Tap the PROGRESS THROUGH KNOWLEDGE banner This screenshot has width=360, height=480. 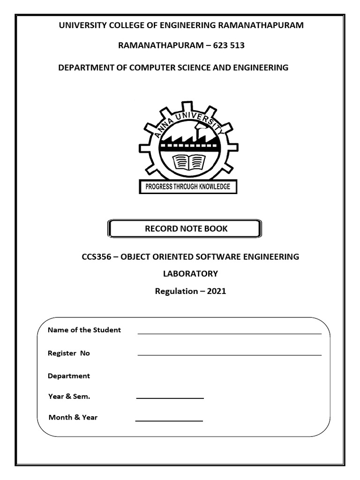click(x=188, y=187)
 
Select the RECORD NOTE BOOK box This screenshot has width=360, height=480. click(x=185, y=229)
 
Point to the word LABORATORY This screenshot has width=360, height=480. click(x=190, y=274)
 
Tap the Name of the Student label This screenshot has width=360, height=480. click(x=84, y=330)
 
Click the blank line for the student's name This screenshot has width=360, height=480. click(x=229, y=333)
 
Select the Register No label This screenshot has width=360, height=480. click(x=69, y=353)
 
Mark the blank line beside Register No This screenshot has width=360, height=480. click(x=229, y=355)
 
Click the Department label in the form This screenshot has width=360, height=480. click(x=69, y=376)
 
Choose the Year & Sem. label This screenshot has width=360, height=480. click(x=69, y=397)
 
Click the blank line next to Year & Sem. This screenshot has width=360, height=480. click(x=170, y=398)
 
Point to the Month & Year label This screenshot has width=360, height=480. click(x=73, y=417)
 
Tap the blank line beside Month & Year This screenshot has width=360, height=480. click(x=169, y=421)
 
